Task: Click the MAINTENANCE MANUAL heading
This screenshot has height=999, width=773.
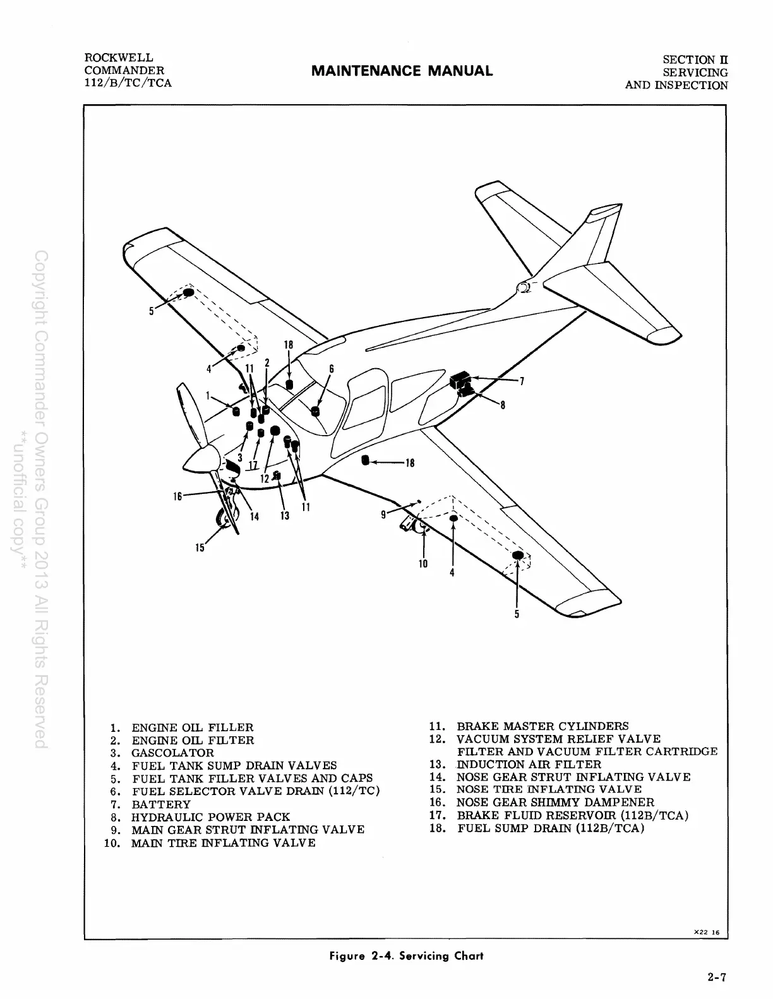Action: click(x=402, y=71)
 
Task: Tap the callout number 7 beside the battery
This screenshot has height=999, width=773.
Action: click(x=521, y=381)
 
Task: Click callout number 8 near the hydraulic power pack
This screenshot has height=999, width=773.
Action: click(x=502, y=405)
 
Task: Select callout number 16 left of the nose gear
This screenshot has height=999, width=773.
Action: click(x=178, y=496)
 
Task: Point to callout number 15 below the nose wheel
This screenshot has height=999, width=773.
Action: click(x=200, y=547)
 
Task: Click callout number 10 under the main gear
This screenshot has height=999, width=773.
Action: click(x=422, y=563)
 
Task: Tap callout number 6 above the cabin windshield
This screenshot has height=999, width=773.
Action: click(x=331, y=369)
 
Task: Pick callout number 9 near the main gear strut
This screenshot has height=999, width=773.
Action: click(x=383, y=515)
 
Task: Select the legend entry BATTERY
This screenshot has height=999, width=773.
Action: click(x=160, y=805)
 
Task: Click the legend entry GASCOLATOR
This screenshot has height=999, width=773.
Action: click(x=172, y=753)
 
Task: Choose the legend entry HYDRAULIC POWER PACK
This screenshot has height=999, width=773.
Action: click(x=210, y=817)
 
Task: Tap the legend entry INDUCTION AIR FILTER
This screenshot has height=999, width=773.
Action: click(x=529, y=764)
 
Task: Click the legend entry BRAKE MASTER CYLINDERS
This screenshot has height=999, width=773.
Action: click(x=542, y=726)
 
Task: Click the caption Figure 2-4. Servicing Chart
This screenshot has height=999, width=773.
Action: click(x=407, y=955)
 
